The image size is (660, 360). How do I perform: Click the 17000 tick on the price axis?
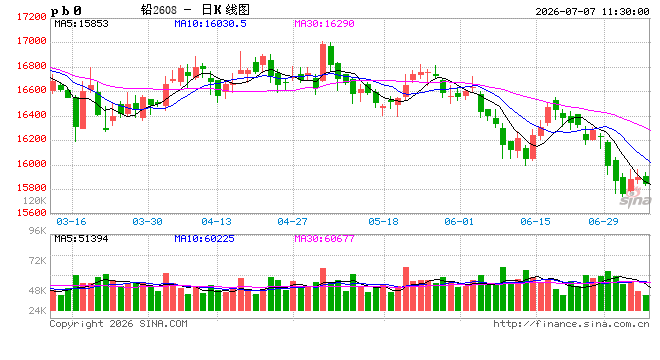coord(32,41)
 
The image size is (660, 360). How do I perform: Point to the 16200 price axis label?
coord(32,139)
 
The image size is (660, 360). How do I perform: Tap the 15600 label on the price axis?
coord(32,213)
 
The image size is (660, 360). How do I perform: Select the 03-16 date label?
coord(71,221)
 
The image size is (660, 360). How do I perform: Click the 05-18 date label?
coord(383,221)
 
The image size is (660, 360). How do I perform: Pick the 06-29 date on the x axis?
coord(603,221)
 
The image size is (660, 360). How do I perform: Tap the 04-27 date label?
coord(292,221)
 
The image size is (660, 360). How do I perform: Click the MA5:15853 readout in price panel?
coord(81,24)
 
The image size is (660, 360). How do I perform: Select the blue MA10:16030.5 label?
coord(210,24)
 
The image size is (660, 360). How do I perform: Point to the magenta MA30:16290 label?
coord(324,24)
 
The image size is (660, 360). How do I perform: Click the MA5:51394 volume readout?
coord(81,239)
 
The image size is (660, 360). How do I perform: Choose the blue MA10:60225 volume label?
coord(204,239)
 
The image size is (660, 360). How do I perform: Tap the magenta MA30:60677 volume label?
coord(324,239)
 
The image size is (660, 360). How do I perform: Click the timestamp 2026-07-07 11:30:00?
coord(592,11)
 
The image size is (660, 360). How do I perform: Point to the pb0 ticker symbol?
coord(66,11)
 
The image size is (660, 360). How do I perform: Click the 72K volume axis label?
coord(37,261)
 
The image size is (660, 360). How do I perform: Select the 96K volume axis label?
coord(37,230)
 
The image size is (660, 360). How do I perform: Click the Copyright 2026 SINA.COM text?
coord(118,324)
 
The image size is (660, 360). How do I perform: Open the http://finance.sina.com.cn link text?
coord(571,324)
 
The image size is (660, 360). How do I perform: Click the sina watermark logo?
coord(635,198)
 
